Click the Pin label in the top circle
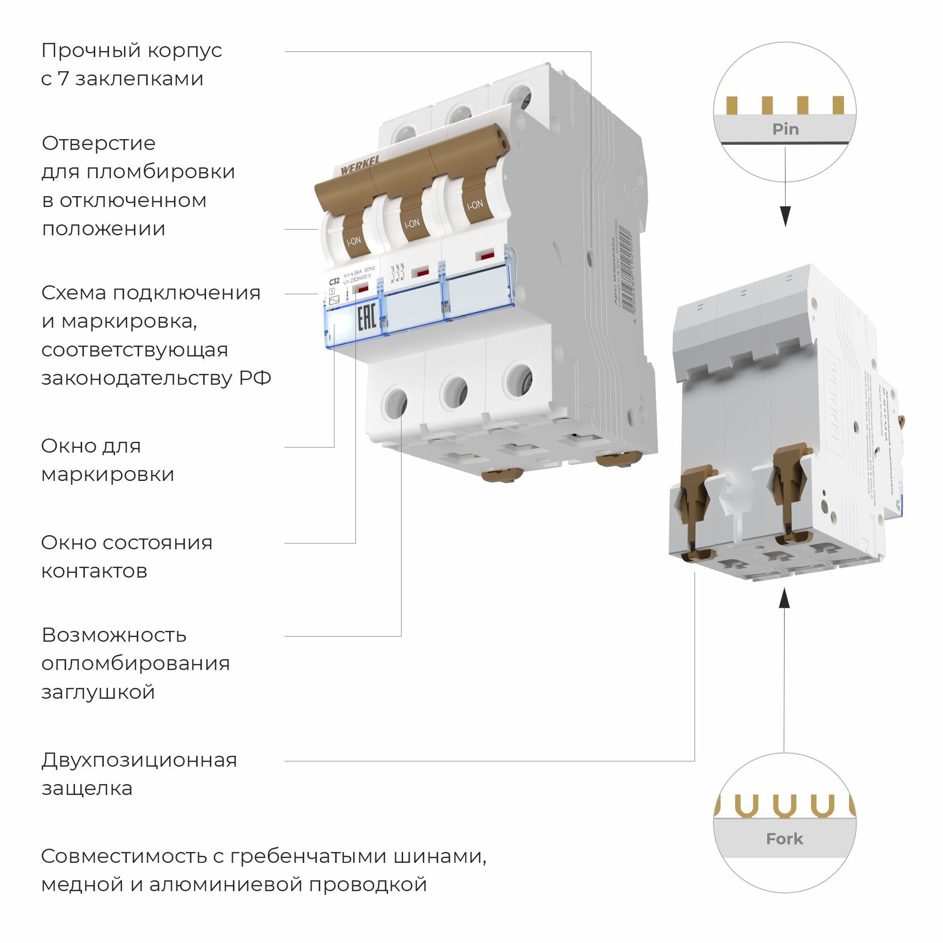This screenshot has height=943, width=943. (x=785, y=129)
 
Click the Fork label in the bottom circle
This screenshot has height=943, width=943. (x=784, y=839)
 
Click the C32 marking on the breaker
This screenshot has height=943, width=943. (x=334, y=281)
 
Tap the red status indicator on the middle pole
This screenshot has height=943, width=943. (x=419, y=272)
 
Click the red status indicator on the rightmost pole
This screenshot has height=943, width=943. (x=485, y=256)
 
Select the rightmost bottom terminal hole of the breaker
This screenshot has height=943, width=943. (x=518, y=379)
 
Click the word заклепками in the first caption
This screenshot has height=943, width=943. (x=139, y=79)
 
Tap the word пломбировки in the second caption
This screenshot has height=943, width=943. (x=161, y=172)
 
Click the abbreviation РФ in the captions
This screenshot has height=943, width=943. (x=255, y=378)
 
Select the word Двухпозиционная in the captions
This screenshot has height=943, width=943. (x=139, y=760)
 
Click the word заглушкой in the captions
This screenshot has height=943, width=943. (x=98, y=692)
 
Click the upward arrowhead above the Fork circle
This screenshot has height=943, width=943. (x=784, y=598)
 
